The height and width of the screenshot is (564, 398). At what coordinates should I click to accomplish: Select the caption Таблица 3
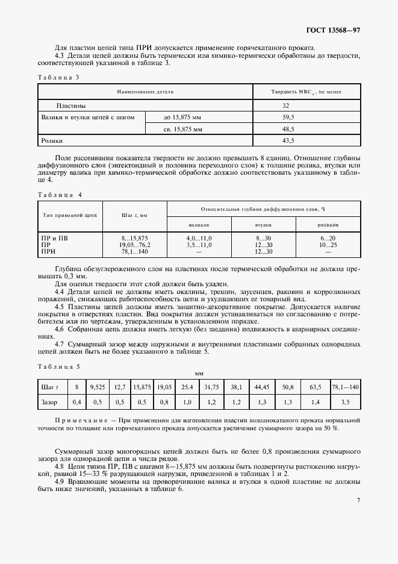coord(58,78)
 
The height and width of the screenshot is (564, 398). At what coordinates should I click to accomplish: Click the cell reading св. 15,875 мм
coord(183,129)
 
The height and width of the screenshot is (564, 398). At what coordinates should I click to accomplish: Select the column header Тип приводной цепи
coord(66,215)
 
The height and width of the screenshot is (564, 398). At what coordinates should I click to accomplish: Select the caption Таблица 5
coord(58,367)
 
